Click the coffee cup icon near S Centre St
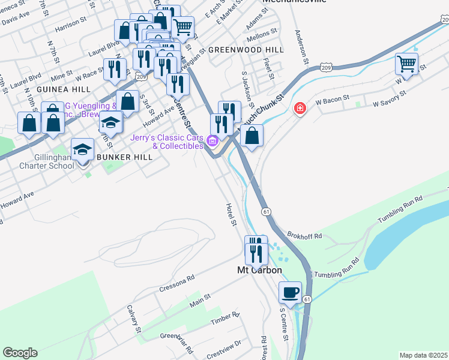pyautogui.click(x=291, y=293)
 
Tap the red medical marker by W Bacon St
pyautogui.click(x=298, y=109)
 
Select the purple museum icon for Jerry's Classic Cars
pyautogui.click(x=211, y=142)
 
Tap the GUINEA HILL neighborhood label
pyautogui.click(x=63, y=89)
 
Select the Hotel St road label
pyautogui.click(x=231, y=214)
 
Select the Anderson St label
pyautogui.click(x=301, y=47)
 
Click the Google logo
pyautogui.click(x=20, y=353)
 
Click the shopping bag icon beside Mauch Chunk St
pyautogui.click(x=252, y=136)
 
